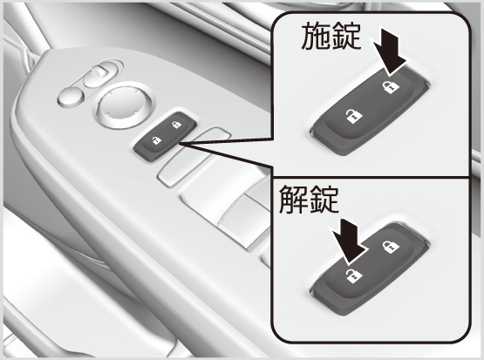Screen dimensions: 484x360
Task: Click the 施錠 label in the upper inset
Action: coord(331,37)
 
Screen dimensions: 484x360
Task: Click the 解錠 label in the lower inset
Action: coord(309,200)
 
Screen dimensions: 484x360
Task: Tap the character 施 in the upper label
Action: coord(316,37)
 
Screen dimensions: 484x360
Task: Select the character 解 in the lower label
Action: coord(293,200)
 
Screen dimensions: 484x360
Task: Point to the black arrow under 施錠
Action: coord(390,52)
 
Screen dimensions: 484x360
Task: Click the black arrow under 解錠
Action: coord(348,241)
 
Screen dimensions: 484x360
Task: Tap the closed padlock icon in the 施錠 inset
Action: coord(391,86)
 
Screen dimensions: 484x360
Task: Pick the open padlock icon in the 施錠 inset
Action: coord(353,116)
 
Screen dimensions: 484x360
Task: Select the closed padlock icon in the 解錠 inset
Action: coord(391,247)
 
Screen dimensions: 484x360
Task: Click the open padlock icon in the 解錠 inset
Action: coord(354,275)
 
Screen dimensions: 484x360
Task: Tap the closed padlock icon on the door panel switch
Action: coord(176,125)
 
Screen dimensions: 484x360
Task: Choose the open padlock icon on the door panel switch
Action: coord(156,140)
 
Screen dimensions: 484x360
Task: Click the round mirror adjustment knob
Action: coord(124,105)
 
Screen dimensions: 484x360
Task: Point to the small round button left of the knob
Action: coord(71,96)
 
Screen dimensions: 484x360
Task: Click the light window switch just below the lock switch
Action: coord(193,156)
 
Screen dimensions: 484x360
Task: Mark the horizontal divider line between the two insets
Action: coord(371,177)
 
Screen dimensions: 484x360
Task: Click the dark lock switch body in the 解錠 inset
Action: coord(370,269)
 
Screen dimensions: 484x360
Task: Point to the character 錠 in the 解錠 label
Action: coord(324,200)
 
